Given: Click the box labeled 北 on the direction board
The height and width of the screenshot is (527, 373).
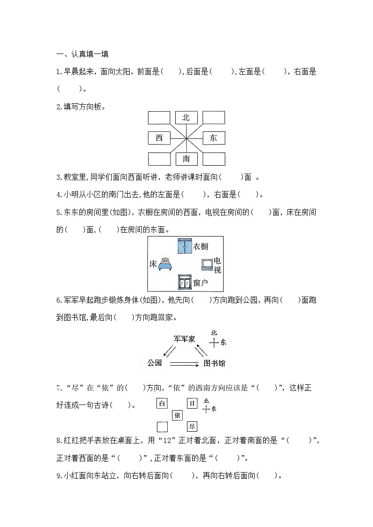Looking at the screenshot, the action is (x=186, y=117).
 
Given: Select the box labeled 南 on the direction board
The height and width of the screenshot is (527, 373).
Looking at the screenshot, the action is (x=186, y=159).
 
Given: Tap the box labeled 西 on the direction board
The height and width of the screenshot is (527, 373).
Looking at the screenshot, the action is (x=159, y=138).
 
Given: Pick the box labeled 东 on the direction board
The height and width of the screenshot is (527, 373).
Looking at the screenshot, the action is (x=213, y=138).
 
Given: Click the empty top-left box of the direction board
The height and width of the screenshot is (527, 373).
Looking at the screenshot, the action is (x=159, y=117).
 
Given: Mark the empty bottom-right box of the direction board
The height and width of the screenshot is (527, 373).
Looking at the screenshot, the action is (x=213, y=159).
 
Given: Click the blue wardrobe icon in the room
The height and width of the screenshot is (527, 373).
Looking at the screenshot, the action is (x=185, y=246).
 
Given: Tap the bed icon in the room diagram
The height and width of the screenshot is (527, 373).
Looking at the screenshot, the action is (x=165, y=264).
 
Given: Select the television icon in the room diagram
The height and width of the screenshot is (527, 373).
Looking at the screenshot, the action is (x=207, y=265).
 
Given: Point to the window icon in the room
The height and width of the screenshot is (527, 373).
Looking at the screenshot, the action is (x=185, y=283).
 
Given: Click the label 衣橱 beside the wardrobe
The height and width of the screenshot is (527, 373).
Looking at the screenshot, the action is (x=201, y=247).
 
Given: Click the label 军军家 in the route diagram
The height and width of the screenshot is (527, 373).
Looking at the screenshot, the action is (x=184, y=339).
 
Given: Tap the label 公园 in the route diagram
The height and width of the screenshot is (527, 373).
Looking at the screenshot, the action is (x=155, y=363).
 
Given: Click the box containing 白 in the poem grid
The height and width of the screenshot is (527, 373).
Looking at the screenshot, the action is (x=162, y=403).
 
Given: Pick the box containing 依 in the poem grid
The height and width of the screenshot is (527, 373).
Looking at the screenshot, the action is (x=177, y=415).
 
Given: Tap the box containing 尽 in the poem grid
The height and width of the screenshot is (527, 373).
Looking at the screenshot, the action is (x=192, y=427).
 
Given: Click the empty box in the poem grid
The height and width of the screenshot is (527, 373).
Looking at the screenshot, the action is (x=162, y=427).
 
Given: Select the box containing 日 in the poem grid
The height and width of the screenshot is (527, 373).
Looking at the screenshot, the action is (x=192, y=403).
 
